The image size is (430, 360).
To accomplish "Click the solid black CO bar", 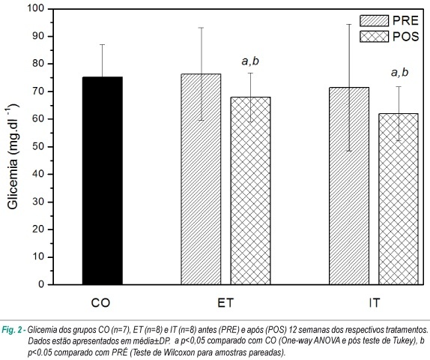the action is click(103, 181).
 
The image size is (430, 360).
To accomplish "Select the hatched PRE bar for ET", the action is click(201, 179).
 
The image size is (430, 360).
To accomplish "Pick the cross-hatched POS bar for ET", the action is click(251, 190).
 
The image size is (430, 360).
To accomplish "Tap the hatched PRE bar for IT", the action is click(349, 186).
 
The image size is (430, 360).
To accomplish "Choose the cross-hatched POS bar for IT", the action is click(399, 199).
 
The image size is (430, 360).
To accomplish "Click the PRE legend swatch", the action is click(375, 21).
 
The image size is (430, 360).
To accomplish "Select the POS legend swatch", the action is click(375, 37).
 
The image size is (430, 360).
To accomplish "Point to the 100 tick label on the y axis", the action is click(36, 8).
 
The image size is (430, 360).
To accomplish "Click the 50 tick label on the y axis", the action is click(39, 147).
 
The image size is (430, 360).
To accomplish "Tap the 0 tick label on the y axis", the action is click(41, 284).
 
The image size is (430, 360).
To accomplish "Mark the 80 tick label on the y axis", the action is click(39, 64).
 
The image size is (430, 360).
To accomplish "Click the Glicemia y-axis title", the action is click(13, 156).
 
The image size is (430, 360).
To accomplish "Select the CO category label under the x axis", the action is click(100, 303).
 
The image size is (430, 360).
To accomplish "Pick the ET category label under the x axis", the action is click(225, 303).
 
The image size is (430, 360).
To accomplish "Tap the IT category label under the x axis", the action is click(375, 303).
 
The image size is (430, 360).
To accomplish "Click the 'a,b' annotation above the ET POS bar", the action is click(250, 61).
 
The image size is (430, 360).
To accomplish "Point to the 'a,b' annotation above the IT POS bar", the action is click(399, 73).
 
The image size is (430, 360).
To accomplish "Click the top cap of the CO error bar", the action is click(103, 44).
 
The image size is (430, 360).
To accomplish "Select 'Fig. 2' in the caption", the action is click(13, 329).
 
